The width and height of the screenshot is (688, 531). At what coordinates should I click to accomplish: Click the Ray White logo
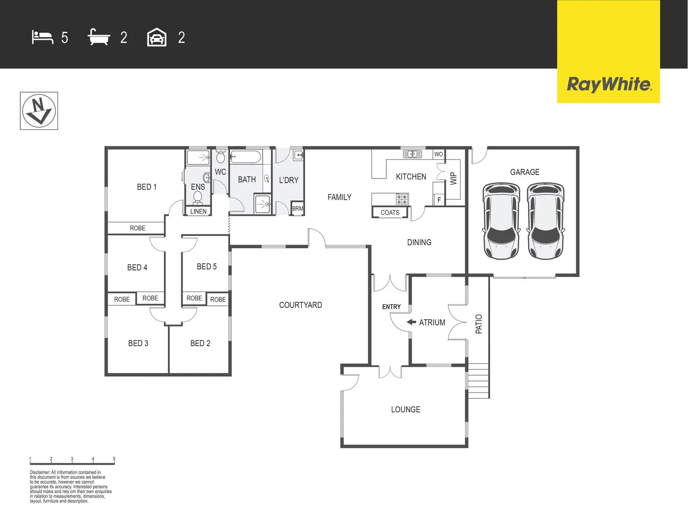[x=609, y=84]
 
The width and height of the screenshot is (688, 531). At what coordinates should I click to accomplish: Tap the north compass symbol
[x=39, y=111]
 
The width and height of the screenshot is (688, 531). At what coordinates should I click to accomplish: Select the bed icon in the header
[x=42, y=37]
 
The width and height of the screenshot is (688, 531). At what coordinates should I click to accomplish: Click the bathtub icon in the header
[x=98, y=37]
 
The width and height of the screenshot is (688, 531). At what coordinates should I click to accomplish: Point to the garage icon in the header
[x=156, y=37]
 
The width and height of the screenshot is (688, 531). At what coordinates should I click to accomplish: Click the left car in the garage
[x=501, y=221]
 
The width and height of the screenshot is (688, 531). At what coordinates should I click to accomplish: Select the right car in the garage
[x=546, y=221]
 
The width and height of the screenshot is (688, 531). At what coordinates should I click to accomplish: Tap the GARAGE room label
[x=525, y=172]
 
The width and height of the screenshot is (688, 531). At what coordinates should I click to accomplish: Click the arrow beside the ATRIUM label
[x=411, y=323]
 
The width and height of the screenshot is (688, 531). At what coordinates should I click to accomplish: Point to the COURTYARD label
[x=300, y=305]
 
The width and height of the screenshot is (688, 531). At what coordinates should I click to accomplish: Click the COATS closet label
[x=390, y=212]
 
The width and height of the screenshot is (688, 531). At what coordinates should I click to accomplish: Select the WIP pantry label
[x=453, y=178]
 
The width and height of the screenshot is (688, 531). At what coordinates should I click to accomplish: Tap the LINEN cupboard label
[x=198, y=211]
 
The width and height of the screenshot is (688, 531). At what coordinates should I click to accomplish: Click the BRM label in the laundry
[x=298, y=208]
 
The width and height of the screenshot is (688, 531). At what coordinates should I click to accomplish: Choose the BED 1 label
[x=147, y=187]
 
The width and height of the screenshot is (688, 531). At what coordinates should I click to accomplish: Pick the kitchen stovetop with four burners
[x=402, y=199]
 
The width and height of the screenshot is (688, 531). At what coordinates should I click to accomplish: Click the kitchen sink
[x=412, y=154]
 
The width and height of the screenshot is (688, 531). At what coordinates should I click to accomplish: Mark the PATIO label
[x=479, y=324]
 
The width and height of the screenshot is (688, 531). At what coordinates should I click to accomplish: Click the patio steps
[x=478, y=381]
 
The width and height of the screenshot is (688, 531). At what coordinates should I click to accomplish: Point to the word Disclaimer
[x=39, y=472]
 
